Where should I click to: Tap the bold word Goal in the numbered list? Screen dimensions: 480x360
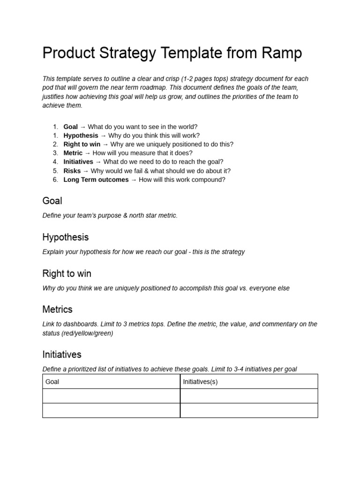coord(70,127)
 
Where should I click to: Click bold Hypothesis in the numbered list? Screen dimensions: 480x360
coord(81,135)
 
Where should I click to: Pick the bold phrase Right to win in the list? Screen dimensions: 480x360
coord(82,144)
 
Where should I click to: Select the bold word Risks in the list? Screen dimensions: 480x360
coord(72,171)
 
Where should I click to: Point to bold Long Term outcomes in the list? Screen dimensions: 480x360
coord(96,180)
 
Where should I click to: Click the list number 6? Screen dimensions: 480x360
coord(55,180)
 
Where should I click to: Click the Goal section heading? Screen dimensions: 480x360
coord(52,201)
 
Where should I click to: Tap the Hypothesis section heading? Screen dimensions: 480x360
coord(65,237)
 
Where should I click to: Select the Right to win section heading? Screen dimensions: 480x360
coord(67,274)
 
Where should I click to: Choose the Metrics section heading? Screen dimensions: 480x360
coord(57,310)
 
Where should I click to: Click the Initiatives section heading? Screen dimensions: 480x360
coord(62,355)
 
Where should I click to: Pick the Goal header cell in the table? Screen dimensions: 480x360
coord(52,382)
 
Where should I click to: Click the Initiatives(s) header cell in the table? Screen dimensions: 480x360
coord(200,382)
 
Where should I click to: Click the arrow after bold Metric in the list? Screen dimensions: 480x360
coord(87,153)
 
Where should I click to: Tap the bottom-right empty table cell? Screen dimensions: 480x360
coord(249,411)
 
